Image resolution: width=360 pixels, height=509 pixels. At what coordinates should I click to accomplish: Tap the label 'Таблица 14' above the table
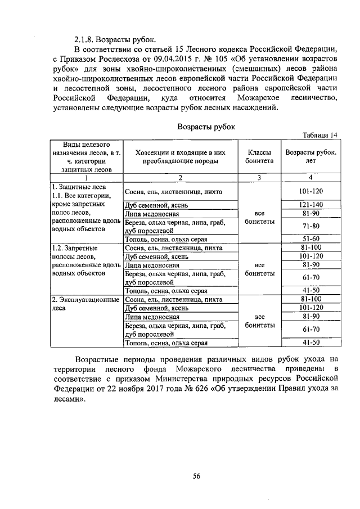(319, 135)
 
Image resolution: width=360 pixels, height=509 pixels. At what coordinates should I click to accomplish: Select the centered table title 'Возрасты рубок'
(206, 127)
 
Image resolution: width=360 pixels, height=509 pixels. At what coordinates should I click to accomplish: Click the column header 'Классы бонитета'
(260, 156)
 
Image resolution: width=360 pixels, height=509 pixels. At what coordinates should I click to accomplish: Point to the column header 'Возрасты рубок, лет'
(311, 156)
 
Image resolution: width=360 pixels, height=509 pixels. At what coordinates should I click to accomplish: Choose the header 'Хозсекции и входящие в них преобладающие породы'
(180, 156)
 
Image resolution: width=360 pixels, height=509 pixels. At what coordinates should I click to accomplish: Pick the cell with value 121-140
(311, 205)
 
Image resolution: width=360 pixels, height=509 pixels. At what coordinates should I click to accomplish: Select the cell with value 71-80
(311, 226)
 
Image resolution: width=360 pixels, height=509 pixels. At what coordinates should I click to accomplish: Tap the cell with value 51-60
(311, 239)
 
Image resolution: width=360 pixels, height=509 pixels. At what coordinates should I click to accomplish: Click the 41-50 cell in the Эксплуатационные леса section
(311, 342)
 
